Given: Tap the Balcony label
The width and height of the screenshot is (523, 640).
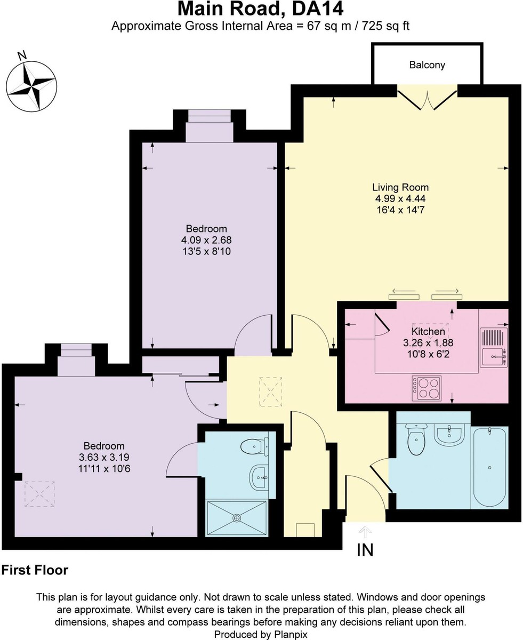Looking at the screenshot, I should [427, 65].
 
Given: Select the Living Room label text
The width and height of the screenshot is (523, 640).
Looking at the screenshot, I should [400, 187].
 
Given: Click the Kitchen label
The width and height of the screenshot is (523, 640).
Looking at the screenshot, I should [428, 332].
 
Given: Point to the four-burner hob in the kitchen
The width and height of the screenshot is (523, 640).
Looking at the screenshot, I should [427, 388].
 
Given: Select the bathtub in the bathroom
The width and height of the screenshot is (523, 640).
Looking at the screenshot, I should [489, 467].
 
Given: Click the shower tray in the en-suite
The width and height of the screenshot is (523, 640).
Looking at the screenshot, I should [237, 518].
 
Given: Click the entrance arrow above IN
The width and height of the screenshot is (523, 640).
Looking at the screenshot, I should [365, 531].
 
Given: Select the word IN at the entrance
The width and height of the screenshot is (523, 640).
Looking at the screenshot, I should [365, 550].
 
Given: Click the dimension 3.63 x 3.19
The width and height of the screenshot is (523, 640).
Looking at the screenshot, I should [104, 457].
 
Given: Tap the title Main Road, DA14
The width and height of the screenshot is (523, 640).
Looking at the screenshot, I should [260, 9].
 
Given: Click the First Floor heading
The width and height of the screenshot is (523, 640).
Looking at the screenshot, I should [35, 570].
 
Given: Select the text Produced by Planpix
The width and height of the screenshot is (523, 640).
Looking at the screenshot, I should [261, 634].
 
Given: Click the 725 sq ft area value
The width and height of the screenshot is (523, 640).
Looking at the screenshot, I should [380, 26].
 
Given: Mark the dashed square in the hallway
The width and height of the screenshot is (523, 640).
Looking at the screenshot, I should [271, 392].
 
